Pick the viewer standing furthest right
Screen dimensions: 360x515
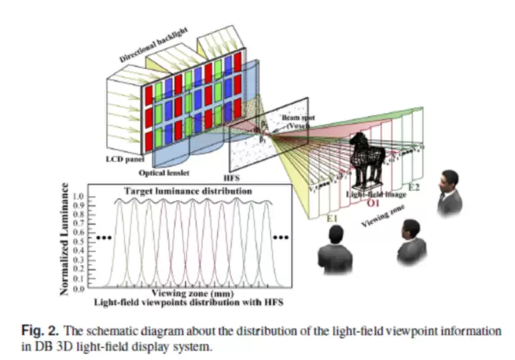tap(448, 192)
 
